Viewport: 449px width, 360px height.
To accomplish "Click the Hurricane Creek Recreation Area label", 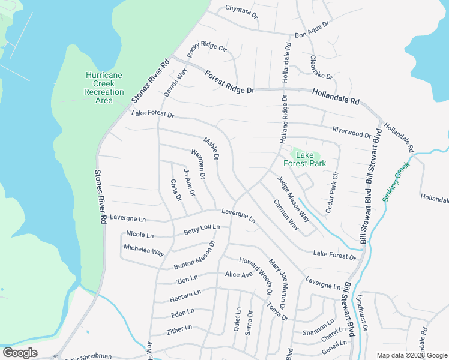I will (x=104, y=88).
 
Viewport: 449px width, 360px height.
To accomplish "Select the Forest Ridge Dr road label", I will (x=229, y=82).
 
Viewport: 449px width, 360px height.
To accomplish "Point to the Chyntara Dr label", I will (x=241, y=11).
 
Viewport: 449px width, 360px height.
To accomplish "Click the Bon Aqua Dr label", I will (x=312, y=29).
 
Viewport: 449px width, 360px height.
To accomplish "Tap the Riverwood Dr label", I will (x=351, y=131).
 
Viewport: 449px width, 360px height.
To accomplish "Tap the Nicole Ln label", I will (x=140, y=235).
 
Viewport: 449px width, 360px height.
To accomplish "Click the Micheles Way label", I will (x=144, y=250).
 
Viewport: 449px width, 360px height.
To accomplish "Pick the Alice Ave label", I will (x=239, y=274).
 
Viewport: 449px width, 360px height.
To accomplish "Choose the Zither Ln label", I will (x=179, y=329).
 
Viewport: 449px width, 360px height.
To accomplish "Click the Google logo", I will (x=20, y=352).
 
